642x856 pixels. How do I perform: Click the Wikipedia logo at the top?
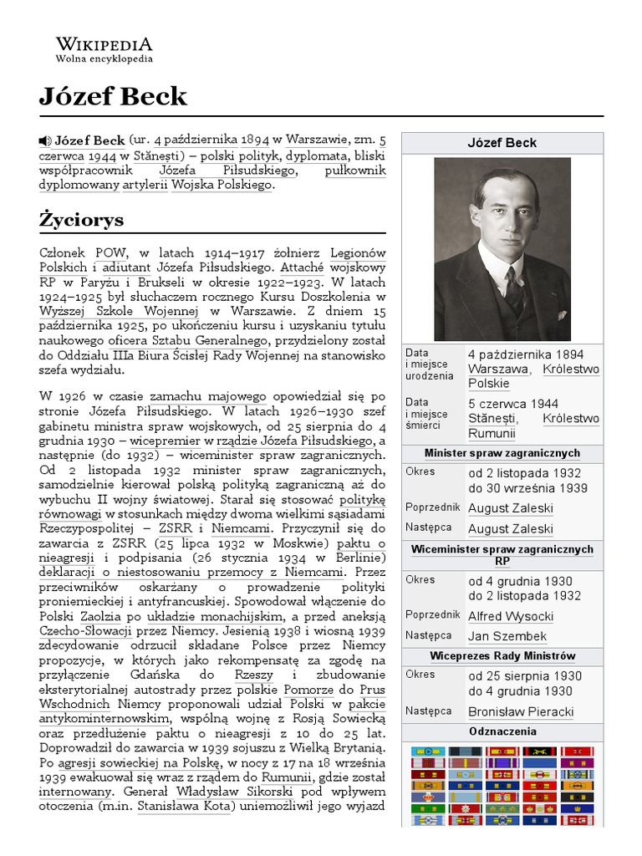(104, 44)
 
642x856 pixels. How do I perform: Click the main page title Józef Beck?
(113, 97)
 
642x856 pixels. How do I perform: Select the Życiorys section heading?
(81, 220)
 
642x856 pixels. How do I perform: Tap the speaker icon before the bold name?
(45, 140)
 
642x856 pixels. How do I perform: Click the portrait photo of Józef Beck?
(502, 248)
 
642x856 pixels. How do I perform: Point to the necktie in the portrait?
(512, 289)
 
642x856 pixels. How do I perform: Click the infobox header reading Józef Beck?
(502, 143)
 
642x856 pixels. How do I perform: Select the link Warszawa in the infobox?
(498, 369)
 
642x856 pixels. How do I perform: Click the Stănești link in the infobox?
(492, 418)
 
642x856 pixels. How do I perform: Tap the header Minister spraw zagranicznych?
(502, 453)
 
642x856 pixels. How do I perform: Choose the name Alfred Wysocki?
(510, 616)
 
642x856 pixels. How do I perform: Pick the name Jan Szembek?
(507, 636)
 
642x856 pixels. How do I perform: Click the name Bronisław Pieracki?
(521, 711)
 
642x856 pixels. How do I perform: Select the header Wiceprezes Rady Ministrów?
(502, 655)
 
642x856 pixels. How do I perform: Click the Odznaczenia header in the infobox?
(502, 731)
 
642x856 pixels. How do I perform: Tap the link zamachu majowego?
(207, 396)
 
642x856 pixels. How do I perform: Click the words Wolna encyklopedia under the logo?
(104, 59)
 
